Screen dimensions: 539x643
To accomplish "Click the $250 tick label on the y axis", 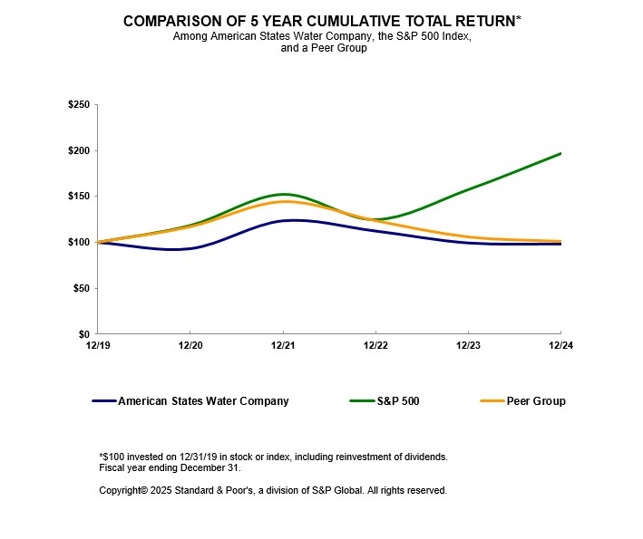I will tap(78, 105).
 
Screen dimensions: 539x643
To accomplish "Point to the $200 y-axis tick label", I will tap(78, 150).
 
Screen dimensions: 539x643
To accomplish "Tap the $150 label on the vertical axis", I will tap(78, 197).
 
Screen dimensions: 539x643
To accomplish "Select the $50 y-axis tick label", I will tap(81, 288).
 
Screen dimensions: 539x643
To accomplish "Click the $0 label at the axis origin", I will tap(83, 334).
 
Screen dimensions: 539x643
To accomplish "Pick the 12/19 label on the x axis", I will tap(97, 345).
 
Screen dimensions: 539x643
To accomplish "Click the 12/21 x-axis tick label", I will tap(283, 345).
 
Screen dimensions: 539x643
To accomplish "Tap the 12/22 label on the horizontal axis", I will tap(375, 345).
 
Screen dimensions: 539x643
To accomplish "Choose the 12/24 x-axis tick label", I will tap(560, 345).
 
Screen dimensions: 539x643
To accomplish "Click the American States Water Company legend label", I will tap(203, 401).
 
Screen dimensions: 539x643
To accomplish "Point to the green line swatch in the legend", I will tap(362, 401).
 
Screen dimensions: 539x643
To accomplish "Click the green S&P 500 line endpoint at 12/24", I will tap(560, 153).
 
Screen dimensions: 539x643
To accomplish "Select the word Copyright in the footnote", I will tap(123, 490).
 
